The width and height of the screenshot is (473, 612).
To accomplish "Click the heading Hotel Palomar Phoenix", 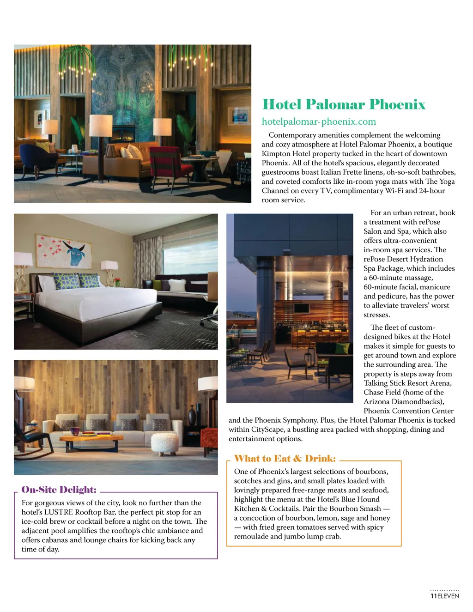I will click(344, 104).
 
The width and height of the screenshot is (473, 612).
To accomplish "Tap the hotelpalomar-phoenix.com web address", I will click(319, 121).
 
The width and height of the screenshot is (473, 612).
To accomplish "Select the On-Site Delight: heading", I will click(59, 490).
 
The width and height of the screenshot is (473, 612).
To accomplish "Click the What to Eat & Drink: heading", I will click(285, 459).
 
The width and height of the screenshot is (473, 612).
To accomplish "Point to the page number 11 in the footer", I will click(433, 596).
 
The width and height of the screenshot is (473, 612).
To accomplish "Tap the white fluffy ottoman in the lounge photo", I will click(164, 443).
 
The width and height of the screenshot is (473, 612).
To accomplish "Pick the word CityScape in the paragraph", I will click(268, 429).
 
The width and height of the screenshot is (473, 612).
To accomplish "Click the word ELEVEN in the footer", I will click(448, 596).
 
